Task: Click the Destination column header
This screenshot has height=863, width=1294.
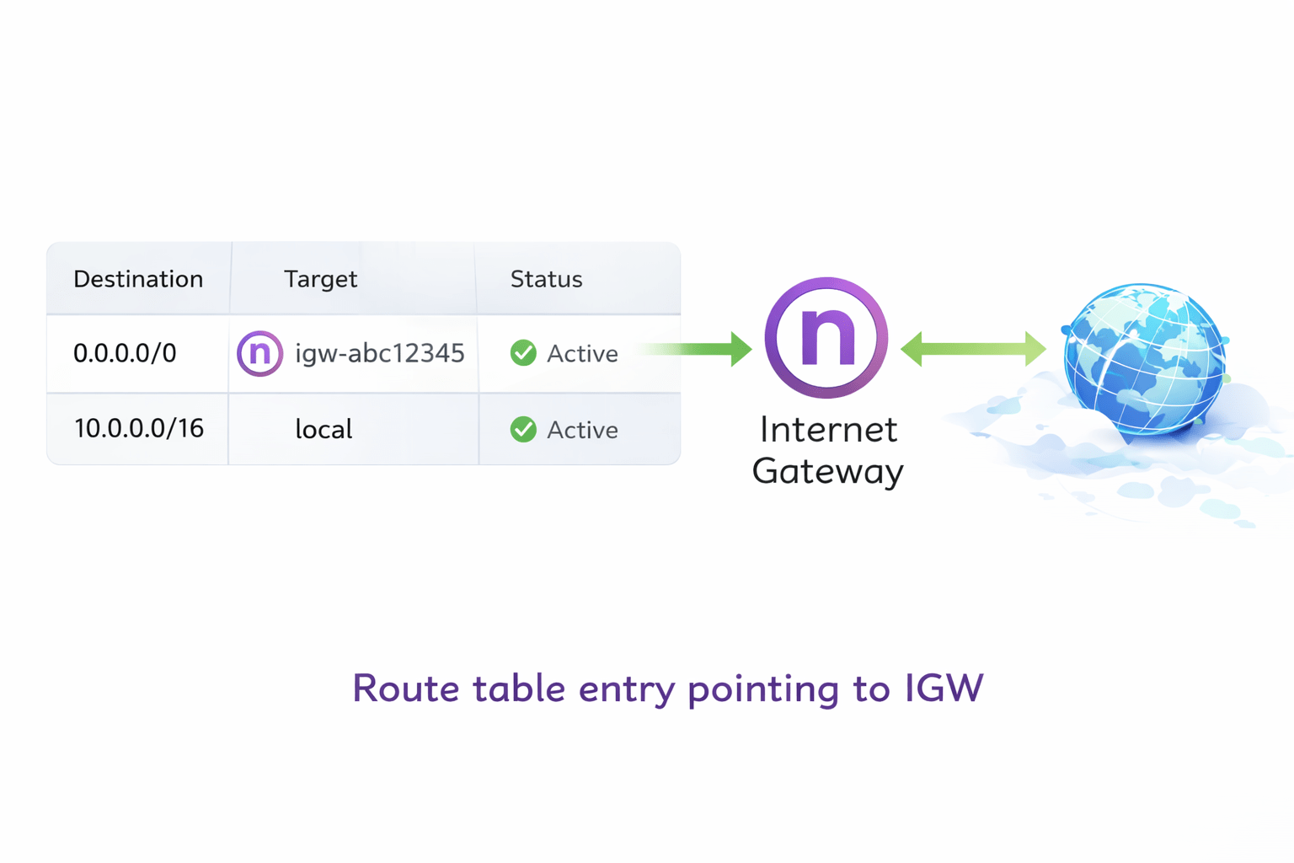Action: [138, 279]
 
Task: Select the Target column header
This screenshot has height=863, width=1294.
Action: [320, 279]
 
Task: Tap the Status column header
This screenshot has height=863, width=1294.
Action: [546, 279]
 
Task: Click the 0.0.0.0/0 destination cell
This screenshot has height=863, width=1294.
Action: [125, 353]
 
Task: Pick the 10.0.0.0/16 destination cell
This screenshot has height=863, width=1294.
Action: [139, 428]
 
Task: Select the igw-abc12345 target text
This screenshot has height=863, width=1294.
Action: [379, 353]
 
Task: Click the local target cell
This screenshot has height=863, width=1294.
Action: [323, 430]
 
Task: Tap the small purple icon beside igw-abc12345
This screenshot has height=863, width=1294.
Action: [259, 353]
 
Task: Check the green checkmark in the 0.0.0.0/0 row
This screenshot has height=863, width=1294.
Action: [523, 353]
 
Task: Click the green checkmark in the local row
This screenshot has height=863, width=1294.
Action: [523, 429]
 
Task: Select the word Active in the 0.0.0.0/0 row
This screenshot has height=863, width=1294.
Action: [582, 354]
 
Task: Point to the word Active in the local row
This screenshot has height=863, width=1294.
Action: [582, 430]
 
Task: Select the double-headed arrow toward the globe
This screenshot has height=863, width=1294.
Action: [973, 348]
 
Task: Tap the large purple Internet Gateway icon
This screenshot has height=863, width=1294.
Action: [826, 337]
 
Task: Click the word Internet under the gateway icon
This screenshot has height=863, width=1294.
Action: [828, 430]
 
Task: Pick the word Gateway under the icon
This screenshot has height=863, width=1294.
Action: [827, 471]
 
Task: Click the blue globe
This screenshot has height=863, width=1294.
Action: [1144, 359]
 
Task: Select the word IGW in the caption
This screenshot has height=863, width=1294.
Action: [944, 688]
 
